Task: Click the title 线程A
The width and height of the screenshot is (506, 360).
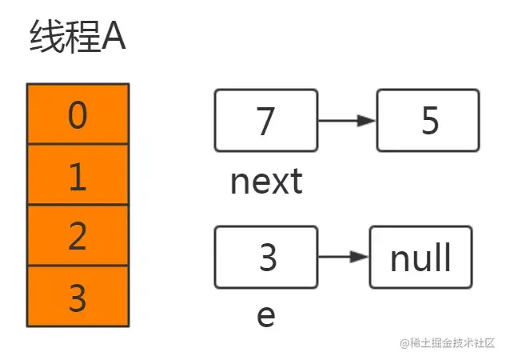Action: click(x=78, y=36)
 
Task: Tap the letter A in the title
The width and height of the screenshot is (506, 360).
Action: click(x=114, y=37)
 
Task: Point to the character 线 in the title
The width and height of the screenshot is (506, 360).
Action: click(x=47, y=36)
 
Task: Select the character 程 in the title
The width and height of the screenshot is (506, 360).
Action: click(x=82, y=36)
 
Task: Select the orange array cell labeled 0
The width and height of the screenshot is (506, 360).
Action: click(x=78, y=114)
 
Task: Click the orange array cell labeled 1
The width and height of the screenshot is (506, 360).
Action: click(x=78, y=174)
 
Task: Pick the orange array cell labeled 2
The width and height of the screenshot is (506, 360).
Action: click(x=78, y=235)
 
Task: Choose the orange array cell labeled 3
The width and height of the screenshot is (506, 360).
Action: click(x=78, y=296)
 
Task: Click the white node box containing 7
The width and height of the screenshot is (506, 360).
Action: click(x=266, y=121)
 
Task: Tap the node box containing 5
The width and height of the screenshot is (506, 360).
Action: click(x=428, y=121)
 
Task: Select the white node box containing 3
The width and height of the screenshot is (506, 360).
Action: click(x=266, y=258)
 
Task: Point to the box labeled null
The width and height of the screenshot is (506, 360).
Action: click(x=420, y=258)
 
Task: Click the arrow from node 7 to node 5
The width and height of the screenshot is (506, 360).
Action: click(x=347, y=121)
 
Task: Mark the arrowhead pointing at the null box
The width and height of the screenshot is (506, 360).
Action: click(x=360, y=257)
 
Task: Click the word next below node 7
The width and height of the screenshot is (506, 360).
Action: click(x=266, y=182)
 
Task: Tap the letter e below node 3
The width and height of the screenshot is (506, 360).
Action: click(x=266, y=316)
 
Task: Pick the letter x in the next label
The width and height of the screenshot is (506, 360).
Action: click(x=280, y=184)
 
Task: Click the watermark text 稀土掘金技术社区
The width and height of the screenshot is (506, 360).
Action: click(x=452, y=343)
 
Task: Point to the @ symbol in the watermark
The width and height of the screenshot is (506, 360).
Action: click(x=404, y=343)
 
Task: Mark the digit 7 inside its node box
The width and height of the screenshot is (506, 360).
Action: click(x=265, y=121)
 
